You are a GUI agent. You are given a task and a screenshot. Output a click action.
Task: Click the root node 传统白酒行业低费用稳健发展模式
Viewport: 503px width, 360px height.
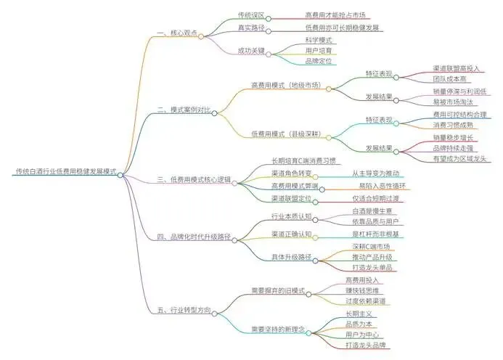(66, 172)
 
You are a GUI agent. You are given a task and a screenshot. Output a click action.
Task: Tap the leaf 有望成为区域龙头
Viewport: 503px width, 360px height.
(457, 157)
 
